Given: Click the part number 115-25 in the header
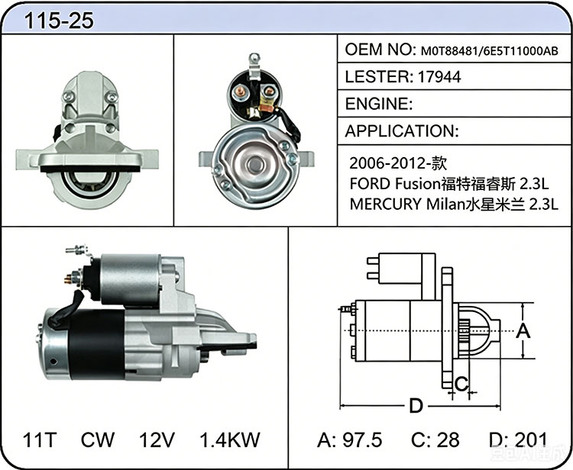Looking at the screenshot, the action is (59, 21).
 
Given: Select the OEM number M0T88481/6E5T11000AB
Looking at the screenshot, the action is (490, 51).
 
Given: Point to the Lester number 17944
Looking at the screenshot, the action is (439, 77).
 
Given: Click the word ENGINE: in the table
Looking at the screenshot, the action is (379, 104).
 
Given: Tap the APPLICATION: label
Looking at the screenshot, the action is (402, 131).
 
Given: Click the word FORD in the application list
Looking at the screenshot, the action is (370, 184).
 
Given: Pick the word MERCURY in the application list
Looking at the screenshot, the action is (386, 204).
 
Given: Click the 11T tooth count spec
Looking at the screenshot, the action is (39, 439).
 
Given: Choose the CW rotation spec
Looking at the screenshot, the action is (98, 439).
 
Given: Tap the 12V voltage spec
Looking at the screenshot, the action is (157, 439).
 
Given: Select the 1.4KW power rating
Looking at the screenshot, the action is (230, 439).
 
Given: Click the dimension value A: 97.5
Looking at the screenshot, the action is (349, 439).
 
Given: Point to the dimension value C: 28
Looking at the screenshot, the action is (435, 439).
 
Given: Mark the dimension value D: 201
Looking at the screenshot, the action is (518, 439).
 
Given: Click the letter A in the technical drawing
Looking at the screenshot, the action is (523, 331).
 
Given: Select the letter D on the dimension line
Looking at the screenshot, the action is (416, 406).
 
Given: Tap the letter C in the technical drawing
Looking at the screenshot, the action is (461, 384).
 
